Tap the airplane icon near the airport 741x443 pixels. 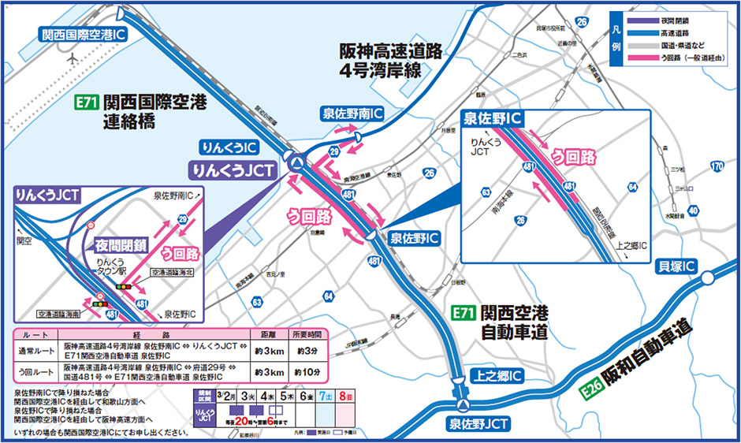coord(73,59)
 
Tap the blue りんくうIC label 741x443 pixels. coord(229,147)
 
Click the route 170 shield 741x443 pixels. coord(716,166)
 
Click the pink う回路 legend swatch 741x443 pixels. coord(643,58)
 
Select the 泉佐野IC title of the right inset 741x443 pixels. coord(493,120)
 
